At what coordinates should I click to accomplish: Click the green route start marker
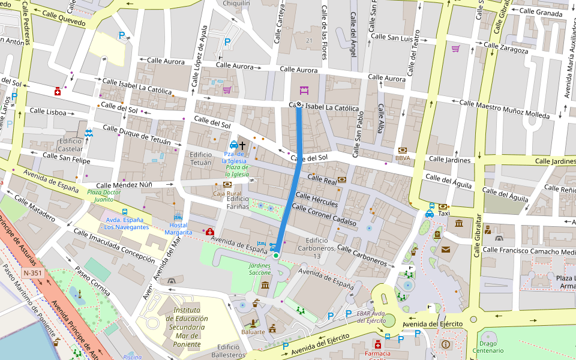pyautogui.click(x=276, y=256)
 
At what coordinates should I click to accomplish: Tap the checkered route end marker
pyautogui.click(x=299, y=104)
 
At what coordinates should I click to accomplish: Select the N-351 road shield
pyautogui.click(x=32, y=273)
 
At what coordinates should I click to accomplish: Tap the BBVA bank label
pyautogui.click(x=402, y=158)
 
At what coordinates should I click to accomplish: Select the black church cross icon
pyautogui.click(x=243, y=145)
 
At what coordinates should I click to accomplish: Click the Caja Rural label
pyautogui.click(x=227, y=194)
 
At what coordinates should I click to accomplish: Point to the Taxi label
pyautogui.click(x=443, y=214)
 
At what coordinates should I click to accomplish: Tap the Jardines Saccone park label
pyautogui.click(x=260, y=269)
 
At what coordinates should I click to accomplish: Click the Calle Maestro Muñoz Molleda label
pyautogui.click(x=504, y=109)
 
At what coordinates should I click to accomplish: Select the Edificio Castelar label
pyautogui.click(x=70, y=145)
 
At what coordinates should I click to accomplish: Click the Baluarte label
pyautogui.click(x=253, y=332)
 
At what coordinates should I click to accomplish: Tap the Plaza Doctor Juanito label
pyautogui.click(x=100, y=196)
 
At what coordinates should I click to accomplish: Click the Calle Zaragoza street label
pyautogui.click(x=506, y=48)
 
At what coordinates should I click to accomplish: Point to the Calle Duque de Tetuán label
pyautogui.click(x=142, y=136)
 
